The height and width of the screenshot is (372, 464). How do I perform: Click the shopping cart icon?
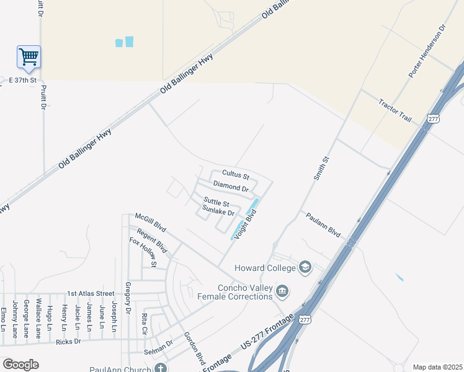click(29, 57)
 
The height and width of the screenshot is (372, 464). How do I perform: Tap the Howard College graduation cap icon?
click(305, 268)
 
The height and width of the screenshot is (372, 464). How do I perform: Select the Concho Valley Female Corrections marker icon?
click(282, 291)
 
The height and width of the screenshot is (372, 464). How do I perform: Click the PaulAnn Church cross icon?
click(161, 369)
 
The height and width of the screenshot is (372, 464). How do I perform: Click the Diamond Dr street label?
click(230, 186)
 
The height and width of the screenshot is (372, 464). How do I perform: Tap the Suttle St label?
click(216, 202)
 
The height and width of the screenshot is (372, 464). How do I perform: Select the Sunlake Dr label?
click(218, 212)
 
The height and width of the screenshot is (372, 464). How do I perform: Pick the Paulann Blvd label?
click(323, 224)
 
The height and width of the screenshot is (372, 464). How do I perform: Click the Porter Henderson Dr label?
click(427, 51)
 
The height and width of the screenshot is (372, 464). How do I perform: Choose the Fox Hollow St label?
click(143, 252)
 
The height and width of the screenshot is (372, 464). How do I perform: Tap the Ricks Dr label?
click(68, 341)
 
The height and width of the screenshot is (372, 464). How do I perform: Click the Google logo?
click(20, 365)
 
